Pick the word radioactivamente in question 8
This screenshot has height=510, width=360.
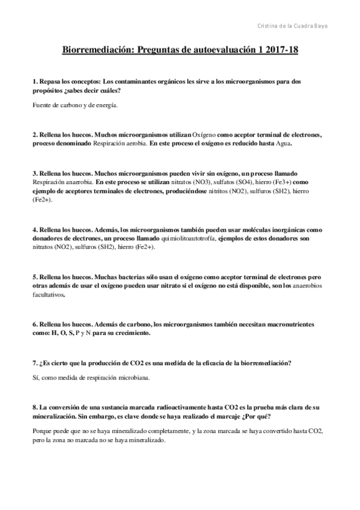pyautogui.click(x=171, y=407)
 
